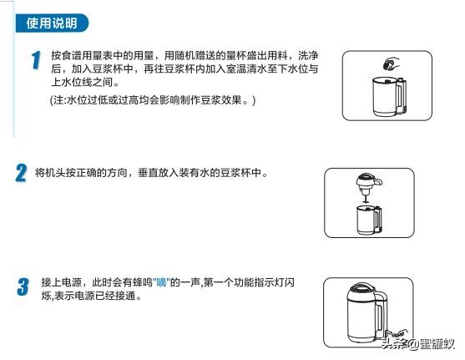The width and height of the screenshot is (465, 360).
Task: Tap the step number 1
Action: [35, 61]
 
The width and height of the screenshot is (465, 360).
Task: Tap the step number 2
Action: [21, 174]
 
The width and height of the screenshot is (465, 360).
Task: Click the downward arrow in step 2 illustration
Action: [364, 199]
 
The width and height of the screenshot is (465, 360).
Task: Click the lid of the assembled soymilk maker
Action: [368, 292]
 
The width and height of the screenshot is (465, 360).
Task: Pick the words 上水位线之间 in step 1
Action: [79, 81]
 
